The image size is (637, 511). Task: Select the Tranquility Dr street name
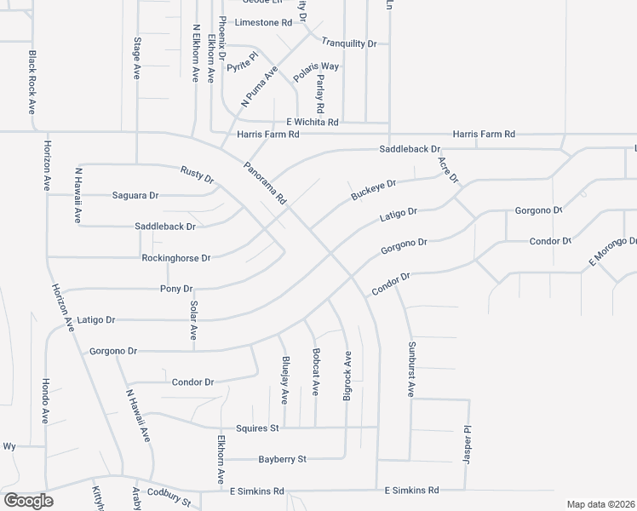(349, 43)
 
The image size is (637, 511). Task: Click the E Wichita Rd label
(313, 123)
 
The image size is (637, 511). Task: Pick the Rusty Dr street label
(197, 174)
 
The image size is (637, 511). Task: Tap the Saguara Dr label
(136, 195)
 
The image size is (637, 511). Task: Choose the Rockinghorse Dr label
(175, 257)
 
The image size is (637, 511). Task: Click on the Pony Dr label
(177, 290)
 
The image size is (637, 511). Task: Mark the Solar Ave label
(194, 319)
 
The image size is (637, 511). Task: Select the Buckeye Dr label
(374, 190)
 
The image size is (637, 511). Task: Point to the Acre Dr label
(448, 169)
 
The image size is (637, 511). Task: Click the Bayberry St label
(282, 459)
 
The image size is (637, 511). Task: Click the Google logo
(27, 501)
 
